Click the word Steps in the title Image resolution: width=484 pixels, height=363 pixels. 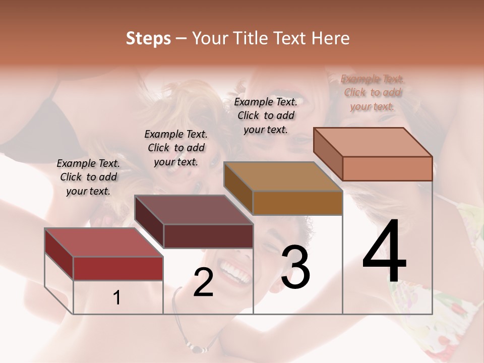click(148, 38)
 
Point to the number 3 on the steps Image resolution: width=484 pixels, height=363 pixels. click(295, 267)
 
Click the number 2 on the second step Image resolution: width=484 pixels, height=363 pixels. click(203, 282)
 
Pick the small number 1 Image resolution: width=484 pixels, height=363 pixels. click(117, 298)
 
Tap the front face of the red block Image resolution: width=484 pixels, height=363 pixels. click(118, 268)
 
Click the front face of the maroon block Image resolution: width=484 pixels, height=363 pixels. click(208, 236)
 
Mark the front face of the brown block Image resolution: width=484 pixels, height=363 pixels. click(297, 203)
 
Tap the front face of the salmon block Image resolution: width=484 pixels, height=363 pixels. click(387, 168)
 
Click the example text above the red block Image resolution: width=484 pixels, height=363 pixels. click(88, 177)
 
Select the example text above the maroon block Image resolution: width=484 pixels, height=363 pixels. click(176, 148)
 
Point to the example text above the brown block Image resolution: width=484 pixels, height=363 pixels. click(266, 115)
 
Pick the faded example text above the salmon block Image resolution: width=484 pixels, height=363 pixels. click(373, 92)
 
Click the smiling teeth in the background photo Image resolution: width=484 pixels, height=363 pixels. click(236, 272)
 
